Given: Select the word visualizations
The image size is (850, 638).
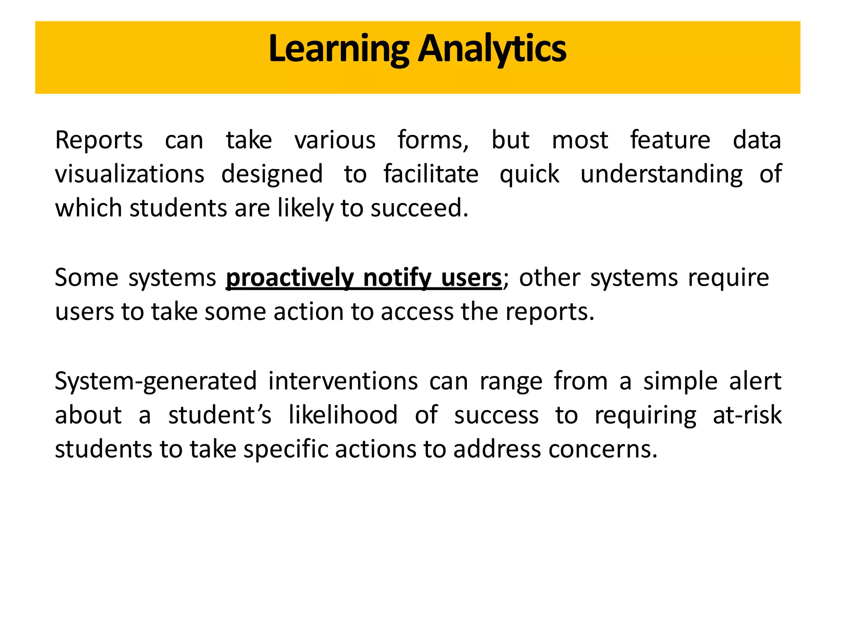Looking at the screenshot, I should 129,174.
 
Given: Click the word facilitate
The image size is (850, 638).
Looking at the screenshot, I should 431,174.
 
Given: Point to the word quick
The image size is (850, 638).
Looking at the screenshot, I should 529,174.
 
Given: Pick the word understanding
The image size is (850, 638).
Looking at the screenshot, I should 661,174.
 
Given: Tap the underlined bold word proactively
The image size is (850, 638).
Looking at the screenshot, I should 289,277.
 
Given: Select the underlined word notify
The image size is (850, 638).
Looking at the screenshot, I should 397,277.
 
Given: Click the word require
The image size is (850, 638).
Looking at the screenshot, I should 728,277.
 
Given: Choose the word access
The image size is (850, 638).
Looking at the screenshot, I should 417,312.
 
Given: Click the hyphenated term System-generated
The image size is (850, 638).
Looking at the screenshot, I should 156,381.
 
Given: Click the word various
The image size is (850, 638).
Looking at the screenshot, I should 335,140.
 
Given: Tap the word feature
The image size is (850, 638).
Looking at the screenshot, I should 670,140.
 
